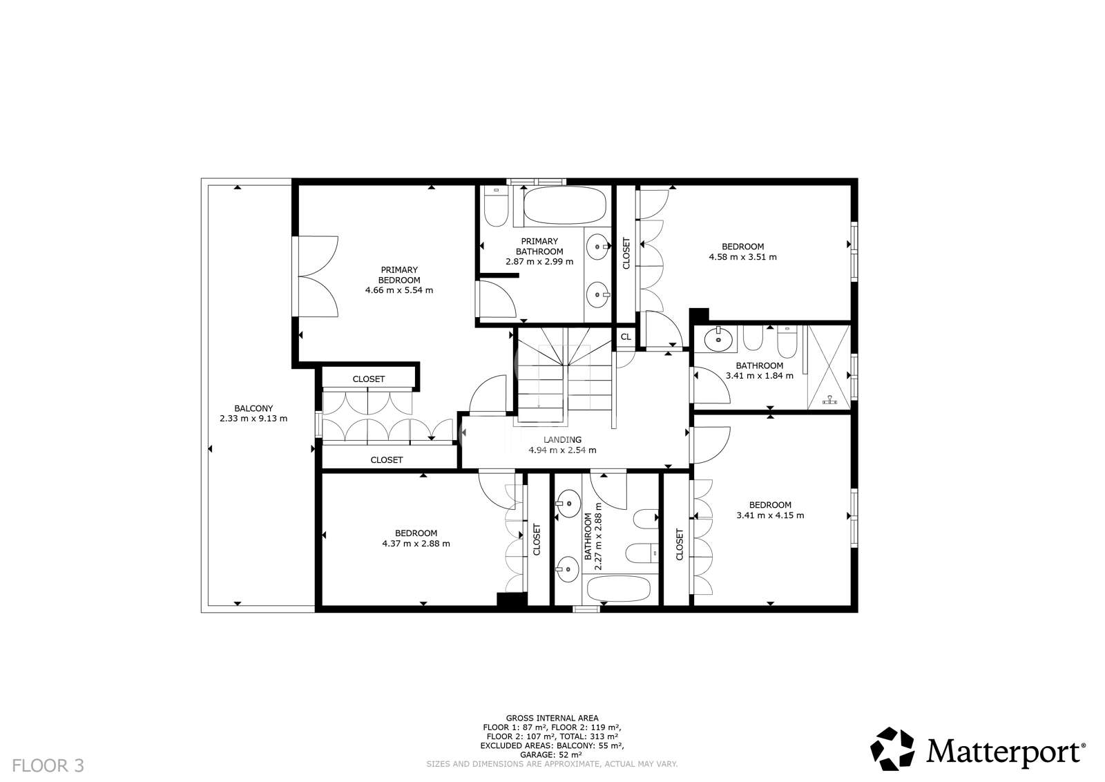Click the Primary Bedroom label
point(399,275)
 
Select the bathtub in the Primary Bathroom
point(564,206)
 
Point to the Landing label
point(562,440)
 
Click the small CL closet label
point(626,337)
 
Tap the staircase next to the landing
point(564,376)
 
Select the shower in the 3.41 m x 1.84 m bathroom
point(829,366)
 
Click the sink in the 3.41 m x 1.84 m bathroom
point(719,339)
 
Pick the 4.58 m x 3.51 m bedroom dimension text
point(742,257)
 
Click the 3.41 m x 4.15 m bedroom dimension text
point(770,515)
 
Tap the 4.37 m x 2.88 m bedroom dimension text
point(416,544)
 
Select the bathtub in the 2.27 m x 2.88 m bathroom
point(618,589)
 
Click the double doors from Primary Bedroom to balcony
point(316,276)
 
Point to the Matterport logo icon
point(892,749)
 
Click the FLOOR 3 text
point(48,765)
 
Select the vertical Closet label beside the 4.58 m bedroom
point(626,254)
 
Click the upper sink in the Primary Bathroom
point(596,245)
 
